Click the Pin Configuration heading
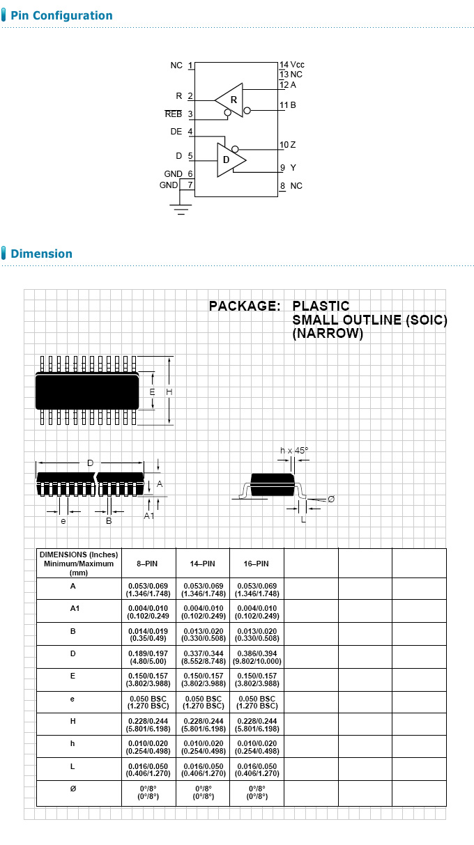click(61, 15)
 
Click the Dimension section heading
click(42, 254)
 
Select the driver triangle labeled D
click(229, 160)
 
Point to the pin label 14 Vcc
click(292, 65)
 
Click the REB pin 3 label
click(178, 114)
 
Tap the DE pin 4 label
click(181, 131)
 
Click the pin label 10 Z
click(288, 145)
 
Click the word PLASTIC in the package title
click(321, 306)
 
